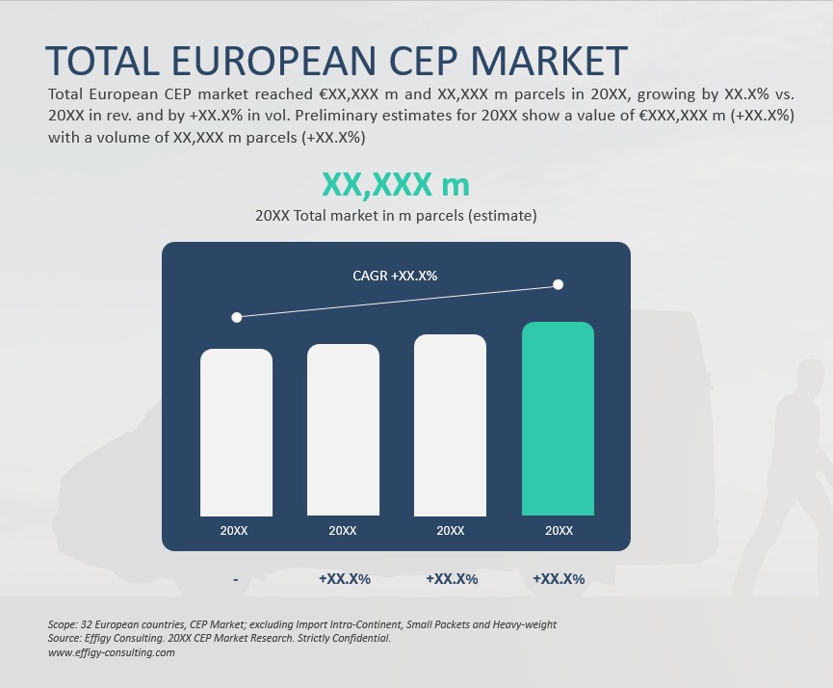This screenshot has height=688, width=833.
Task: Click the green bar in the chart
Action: click(558, 419)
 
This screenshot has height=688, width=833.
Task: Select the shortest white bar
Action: click(236, 433)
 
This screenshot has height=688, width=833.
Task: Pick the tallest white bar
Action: click(450, 425)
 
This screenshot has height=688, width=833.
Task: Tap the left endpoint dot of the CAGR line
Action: click(236, 316)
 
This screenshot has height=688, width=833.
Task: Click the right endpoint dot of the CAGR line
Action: click(558, 284)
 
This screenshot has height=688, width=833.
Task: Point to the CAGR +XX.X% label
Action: click(395, 276)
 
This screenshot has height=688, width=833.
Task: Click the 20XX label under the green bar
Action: click(559, 531)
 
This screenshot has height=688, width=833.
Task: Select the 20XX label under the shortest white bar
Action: click(234, 531)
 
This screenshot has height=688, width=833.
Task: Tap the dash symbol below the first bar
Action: click(236, 579)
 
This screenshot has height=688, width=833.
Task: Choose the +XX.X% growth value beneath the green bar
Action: click(559, 579)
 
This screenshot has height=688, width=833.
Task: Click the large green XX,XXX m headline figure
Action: click(396, 184)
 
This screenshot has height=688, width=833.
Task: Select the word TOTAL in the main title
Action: click(102, 61)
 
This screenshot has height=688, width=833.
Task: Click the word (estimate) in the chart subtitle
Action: click(502, 216)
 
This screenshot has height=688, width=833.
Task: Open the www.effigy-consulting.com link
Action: click(111, 652)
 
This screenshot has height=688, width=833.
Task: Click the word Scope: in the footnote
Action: click(65, 624)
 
